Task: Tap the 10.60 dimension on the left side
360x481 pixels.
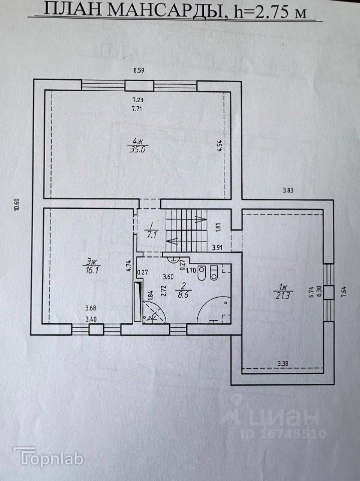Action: [x=17, y=205]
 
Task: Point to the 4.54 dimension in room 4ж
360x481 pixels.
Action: [x=219, y=147]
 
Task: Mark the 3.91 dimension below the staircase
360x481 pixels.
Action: [x=217, y=248]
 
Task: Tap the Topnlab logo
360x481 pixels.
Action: [x=48, y=456]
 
